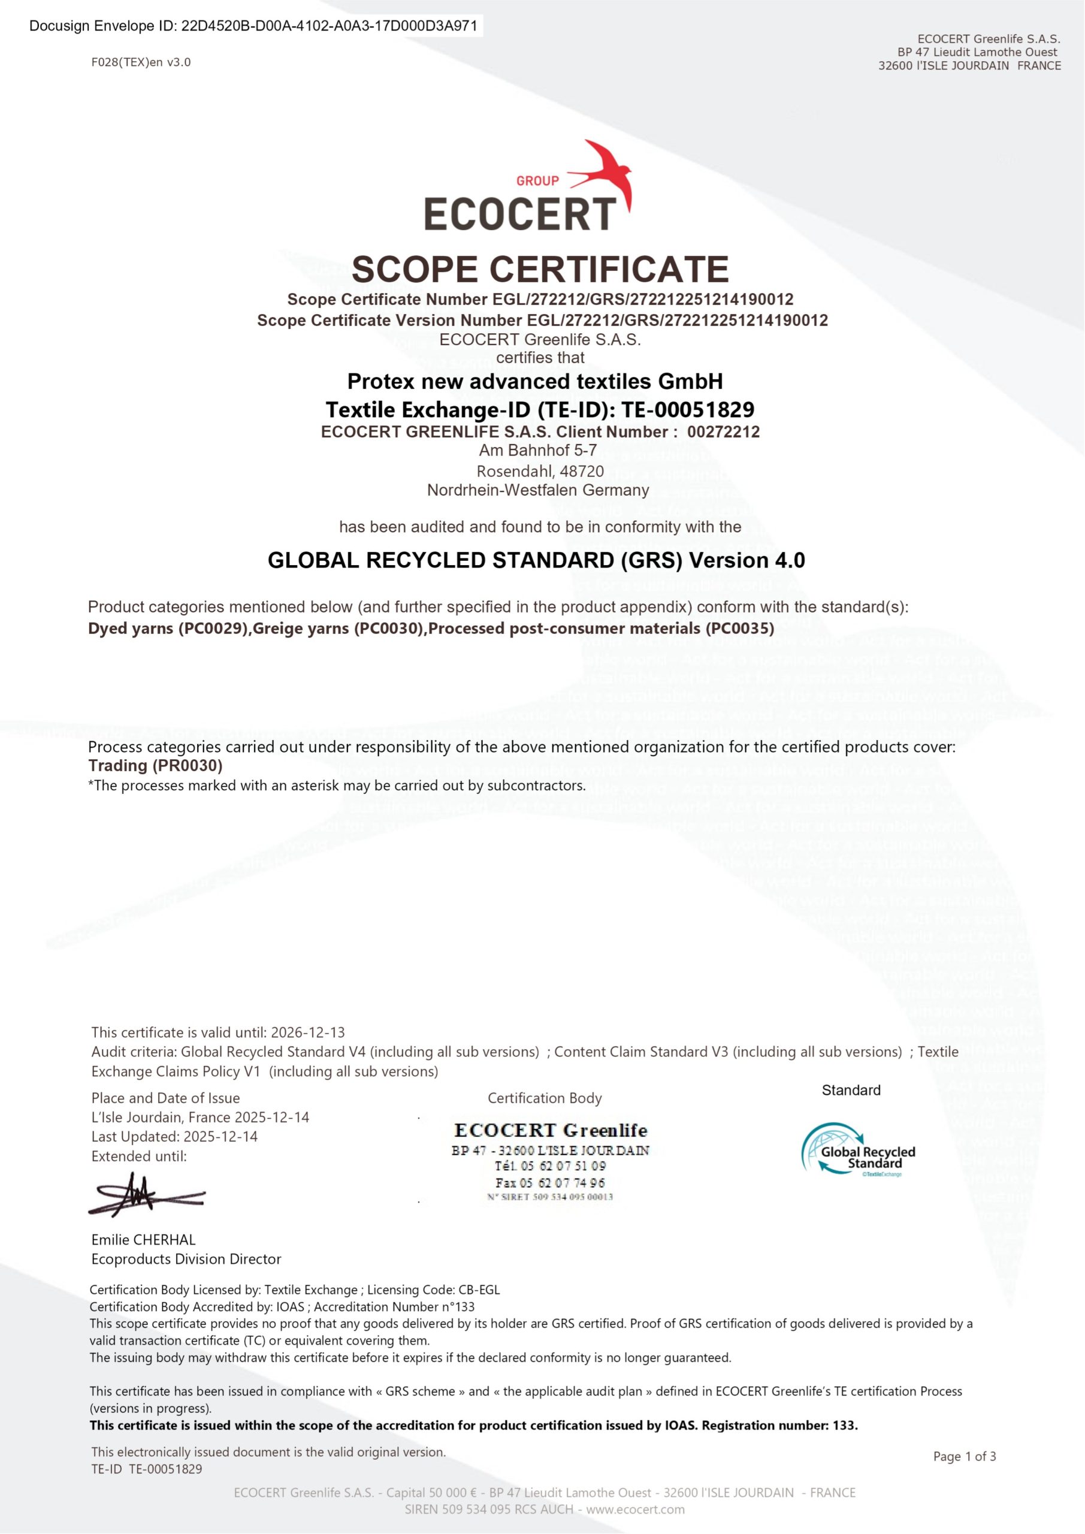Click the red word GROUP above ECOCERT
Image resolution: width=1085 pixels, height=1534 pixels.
[x=537, y=180]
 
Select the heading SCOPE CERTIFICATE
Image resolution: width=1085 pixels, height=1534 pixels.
[x=540, y=269]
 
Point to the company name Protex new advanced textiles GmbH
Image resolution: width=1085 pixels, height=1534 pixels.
[x=535, y=382]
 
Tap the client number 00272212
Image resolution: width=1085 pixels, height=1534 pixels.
[x=723, y=431]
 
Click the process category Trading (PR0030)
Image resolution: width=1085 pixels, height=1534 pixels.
[x=155, y=766]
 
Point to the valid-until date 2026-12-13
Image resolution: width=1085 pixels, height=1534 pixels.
[x=308, y=1032]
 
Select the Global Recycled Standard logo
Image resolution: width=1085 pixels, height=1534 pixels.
[x=859, y=1150]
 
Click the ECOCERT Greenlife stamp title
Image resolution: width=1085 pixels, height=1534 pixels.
[x=551, y=1131]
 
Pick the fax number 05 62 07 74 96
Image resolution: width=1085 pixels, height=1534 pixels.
[x=551, y=1183]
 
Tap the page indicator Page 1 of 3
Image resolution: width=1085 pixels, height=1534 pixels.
[x=964, y=1457]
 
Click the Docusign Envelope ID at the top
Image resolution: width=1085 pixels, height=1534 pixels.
[x=254, y=26]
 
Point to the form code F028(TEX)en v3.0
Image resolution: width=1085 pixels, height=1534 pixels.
[x=141, y=63]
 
